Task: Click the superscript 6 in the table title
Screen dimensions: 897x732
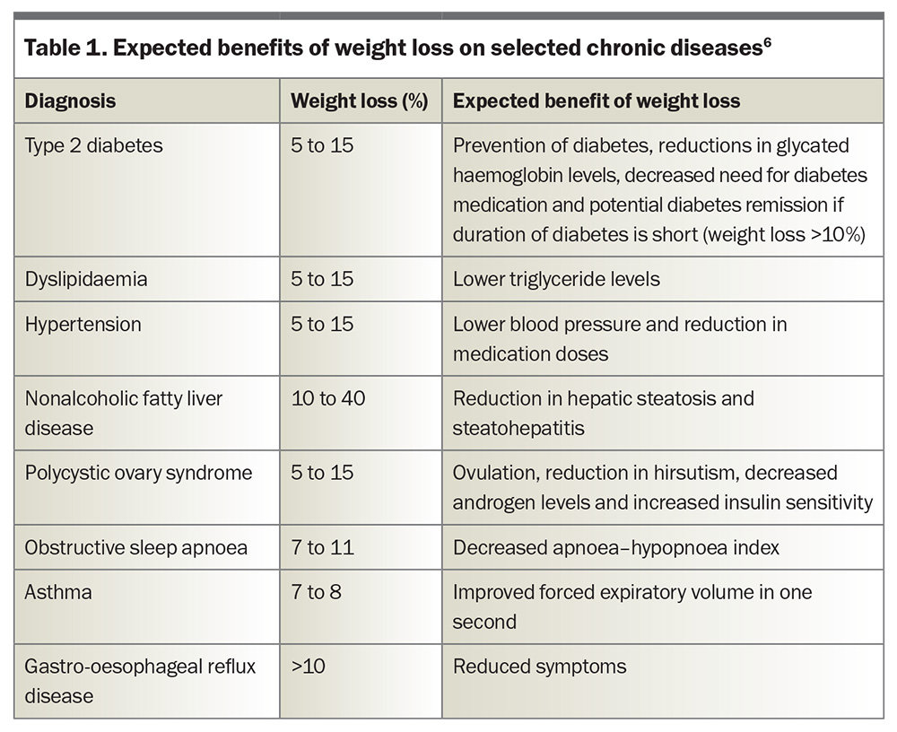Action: click(767, 42)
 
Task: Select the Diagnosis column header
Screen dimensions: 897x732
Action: click(70, 101)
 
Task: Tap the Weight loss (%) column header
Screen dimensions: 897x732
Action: click(360, 101)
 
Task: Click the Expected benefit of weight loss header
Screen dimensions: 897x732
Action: click(597, 101)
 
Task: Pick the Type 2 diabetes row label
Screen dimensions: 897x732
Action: click(94, 145)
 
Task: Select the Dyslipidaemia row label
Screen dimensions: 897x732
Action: click(86, 279)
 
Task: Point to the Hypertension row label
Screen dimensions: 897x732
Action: click(83, 325)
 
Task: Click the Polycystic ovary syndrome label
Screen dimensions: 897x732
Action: click(138, 474)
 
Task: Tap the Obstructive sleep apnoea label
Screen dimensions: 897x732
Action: click(136, 548)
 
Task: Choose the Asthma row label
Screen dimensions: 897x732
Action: click(58, 592)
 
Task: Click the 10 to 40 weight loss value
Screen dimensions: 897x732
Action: click(327, 398)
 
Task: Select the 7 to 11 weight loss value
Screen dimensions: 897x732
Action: click(323, 548)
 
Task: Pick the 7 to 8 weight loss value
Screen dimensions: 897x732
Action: click(317, 592)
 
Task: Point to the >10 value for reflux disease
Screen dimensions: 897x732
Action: click(309, 667)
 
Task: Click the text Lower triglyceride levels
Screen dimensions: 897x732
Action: click(556, 279)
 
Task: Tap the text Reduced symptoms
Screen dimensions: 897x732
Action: click(539, 667)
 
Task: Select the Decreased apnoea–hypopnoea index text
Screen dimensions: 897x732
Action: click(616, 548)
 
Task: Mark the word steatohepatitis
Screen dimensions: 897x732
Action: click(518, 429)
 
